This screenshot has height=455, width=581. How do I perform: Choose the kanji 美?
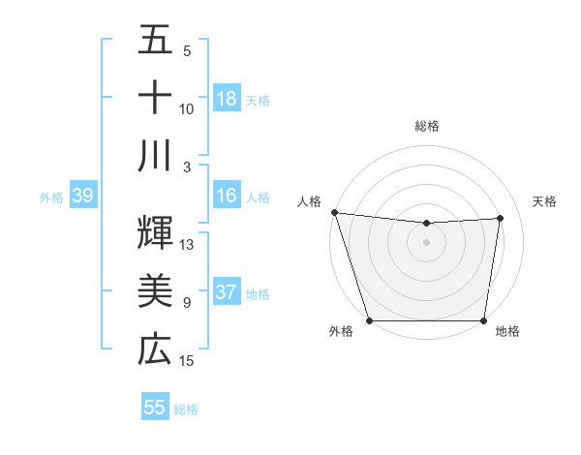(155, 290)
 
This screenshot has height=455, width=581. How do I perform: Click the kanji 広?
(155, 349)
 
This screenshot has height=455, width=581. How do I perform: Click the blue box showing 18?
(227, 98)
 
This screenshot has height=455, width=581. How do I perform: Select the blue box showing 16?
(227, 196)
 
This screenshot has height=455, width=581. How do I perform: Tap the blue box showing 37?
(227, 292)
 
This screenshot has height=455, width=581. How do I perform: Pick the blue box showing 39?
(82, 196)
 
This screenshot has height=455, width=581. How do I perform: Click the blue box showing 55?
(155, 408)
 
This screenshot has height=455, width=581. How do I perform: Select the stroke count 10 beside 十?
(187, 108)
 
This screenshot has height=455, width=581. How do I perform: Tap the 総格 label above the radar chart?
(427, 126)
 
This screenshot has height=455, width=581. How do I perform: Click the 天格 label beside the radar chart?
(545, 201)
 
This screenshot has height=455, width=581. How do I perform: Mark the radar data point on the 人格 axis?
(334, 212)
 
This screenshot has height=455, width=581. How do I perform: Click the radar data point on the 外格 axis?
(370, 320)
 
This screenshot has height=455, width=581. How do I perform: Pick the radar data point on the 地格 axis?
(484, 320)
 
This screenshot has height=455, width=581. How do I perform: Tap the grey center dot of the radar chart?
(427, 242)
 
